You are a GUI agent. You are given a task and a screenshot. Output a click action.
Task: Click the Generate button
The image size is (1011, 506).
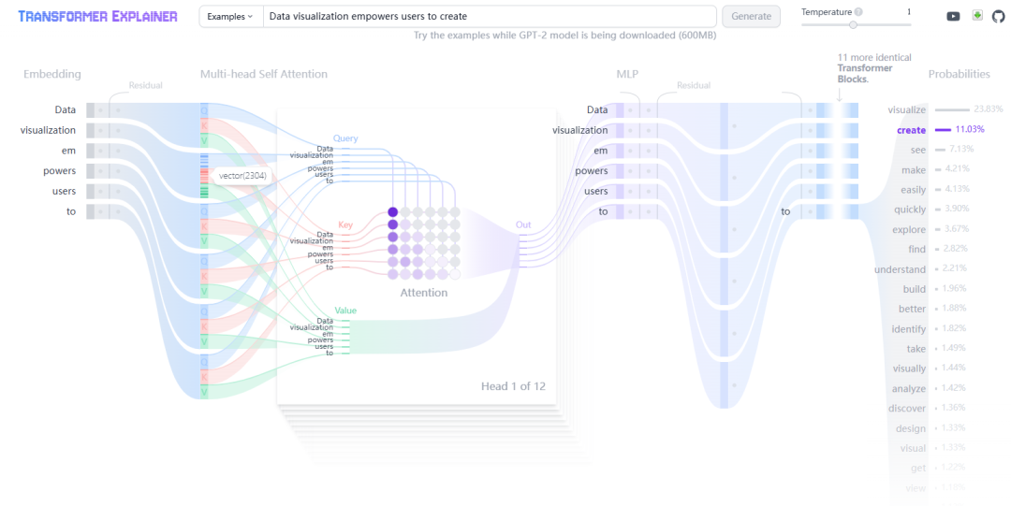tap(751, 16)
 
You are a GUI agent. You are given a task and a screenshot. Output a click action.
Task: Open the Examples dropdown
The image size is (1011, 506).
tap(230, 16)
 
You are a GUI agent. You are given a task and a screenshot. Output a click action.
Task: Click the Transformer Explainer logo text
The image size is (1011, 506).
tap(97, 16)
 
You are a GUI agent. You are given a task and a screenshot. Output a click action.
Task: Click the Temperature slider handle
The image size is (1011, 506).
tap(853, 25)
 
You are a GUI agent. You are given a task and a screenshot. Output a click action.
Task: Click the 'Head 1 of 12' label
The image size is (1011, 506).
tap(514, 385)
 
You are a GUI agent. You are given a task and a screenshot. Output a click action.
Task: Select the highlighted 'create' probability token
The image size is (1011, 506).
tap(911, 130)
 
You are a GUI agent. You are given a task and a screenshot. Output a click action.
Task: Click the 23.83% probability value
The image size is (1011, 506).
tap(989, 109)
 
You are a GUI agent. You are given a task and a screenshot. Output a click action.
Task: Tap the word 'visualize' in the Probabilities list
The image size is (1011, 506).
tap(906, 110)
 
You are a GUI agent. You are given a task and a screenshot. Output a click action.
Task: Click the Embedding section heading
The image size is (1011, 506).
tap(52, 74)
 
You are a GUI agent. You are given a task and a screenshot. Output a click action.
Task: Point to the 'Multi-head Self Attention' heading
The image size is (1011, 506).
tap(263, 74)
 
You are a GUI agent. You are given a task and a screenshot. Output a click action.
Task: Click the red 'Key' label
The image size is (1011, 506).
tap(345, 224)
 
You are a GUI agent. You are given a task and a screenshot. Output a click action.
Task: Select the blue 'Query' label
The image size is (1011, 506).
tap(344, 138)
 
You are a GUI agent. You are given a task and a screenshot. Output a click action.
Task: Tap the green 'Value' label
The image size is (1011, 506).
tap(345, 310)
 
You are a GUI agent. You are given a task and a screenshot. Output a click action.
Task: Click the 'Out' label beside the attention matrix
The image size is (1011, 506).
tap(522, 224)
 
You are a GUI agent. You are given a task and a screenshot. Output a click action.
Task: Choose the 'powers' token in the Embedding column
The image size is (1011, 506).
tap(59, 170)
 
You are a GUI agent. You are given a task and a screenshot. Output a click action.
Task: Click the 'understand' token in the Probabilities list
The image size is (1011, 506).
tap(900, 269)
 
